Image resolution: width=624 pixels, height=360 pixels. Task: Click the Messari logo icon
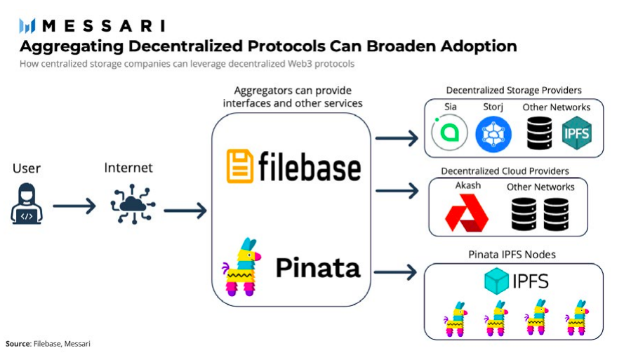(27, 26)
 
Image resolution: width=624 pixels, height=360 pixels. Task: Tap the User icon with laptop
(27, 204)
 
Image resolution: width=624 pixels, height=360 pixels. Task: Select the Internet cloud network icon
(133, 204)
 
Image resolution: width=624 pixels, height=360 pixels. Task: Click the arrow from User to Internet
(74, 206)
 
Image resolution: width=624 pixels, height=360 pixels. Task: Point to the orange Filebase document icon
(239, 166)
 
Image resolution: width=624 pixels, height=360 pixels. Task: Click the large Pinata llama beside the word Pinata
(241, 267)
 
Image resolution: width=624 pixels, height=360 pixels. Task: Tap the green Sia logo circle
(449, 133)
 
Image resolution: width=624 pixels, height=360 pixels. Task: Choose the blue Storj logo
(493, 134)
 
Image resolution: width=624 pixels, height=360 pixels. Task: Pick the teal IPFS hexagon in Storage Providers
(577, 133)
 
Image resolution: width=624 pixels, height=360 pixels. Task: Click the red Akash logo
(466, 213)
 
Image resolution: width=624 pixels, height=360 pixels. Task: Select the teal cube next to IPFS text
(496, 281)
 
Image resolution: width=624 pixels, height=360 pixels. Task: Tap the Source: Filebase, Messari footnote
(48, 344)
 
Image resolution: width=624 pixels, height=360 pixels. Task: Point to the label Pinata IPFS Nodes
(512, 255)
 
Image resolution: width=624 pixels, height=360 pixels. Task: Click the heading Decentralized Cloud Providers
(505, 171)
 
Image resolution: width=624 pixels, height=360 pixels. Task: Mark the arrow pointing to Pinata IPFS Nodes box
(395, 272)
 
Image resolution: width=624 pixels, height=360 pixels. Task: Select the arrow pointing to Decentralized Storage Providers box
(397, 138)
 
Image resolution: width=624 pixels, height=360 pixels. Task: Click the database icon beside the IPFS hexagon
(539, 133)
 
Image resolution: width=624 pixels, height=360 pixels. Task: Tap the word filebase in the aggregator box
(310, 167)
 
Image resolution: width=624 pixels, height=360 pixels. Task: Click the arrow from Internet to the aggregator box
(185, 211)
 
